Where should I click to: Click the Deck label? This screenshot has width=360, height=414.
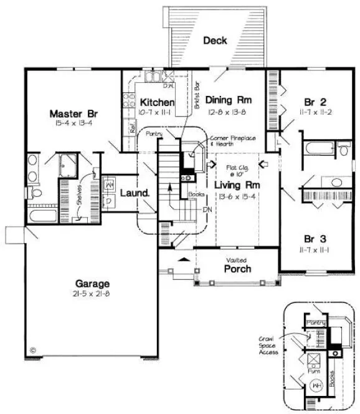tap(215, 41)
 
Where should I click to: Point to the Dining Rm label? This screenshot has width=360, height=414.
tap(228, 100)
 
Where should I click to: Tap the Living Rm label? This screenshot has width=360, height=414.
tap(237, 185)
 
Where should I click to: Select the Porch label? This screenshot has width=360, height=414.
tap(237, 269)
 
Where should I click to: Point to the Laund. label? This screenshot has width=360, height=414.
tap(135, 193)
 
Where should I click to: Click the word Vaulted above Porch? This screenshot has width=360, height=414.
tap(237, 260)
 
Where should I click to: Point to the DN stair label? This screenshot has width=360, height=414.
tap(208, 209)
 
